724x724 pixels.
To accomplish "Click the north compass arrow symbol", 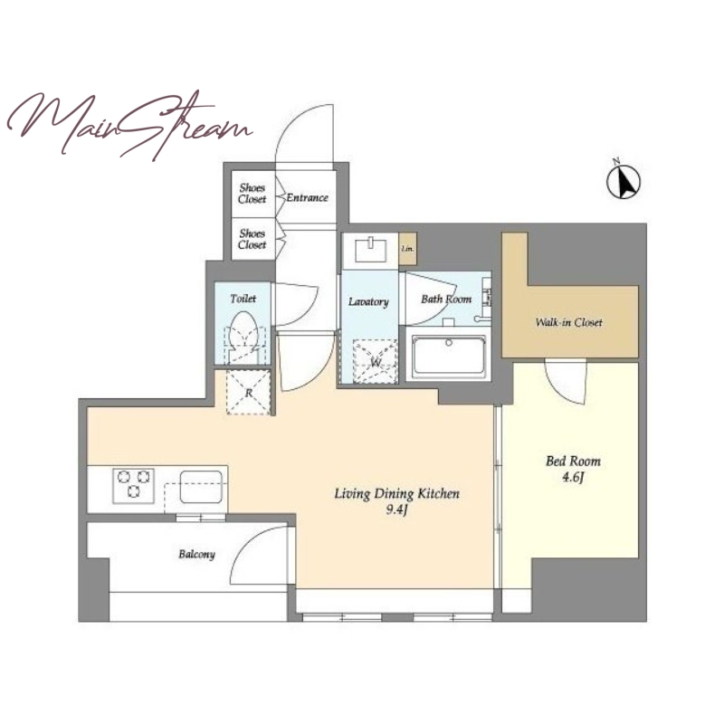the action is tap(624, 180).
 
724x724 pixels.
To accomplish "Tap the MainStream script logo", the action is tap(129, 126).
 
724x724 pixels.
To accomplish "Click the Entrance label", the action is tap(307, 198).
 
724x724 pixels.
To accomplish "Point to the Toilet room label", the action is tap(243, 299).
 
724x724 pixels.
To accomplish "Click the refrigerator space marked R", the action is tap(249, 392).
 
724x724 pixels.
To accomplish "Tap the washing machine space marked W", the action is tap(375, 361).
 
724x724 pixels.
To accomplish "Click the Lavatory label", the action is tap(368, 302).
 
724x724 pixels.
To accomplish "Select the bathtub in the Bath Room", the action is tap(449, 357).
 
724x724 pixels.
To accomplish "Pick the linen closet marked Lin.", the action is tap(408, 249).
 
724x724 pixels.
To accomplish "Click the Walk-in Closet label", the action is tap(569, 322).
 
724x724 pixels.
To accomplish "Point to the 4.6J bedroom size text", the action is tap(573, 477).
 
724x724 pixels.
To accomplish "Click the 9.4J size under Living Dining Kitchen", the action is tap(396, 510).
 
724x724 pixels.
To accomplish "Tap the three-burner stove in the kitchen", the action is tap(134, 485).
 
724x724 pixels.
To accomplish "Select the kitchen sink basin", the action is tap(201, 487).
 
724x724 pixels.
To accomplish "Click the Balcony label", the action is tap(196, 554).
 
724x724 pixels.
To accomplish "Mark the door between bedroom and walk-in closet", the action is tap(566, 382).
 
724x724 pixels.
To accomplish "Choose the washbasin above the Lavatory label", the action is tap(370, 250).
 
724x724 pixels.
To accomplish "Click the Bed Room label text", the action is tap(573, 461).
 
